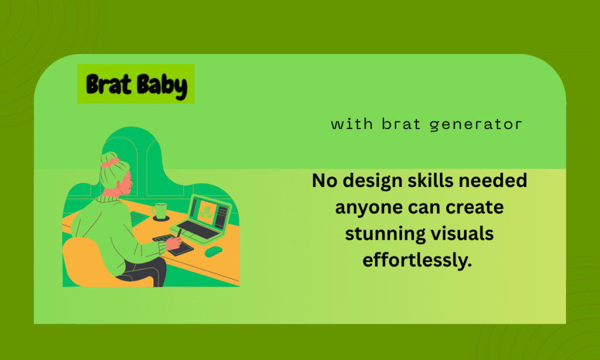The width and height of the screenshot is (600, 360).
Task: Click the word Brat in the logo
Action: (108, 84)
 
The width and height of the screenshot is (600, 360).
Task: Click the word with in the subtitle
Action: (352, 124)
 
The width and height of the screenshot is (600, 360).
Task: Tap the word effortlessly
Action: (417, 260)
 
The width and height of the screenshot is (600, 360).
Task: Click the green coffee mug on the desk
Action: (160, 211)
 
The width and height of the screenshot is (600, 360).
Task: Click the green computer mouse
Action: (213, 252)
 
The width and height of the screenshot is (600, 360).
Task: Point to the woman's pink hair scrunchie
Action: (111, 162)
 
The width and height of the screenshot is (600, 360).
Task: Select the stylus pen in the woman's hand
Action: (179, 233)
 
